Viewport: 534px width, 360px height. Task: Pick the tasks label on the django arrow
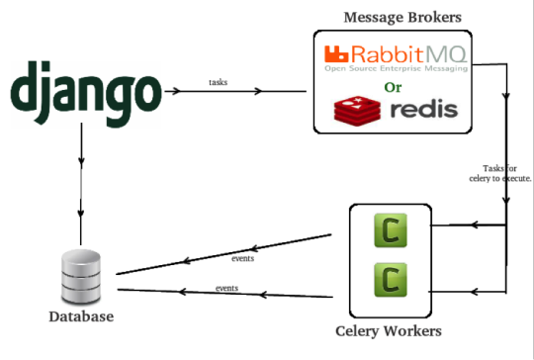point(220,82)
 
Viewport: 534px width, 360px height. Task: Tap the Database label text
point(81,317)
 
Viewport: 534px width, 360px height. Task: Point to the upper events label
point(241,257)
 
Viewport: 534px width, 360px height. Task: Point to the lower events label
point(227,288)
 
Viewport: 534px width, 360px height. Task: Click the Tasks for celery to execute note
point(499,173)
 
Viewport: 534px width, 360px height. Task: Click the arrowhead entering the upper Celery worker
point(476,226)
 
